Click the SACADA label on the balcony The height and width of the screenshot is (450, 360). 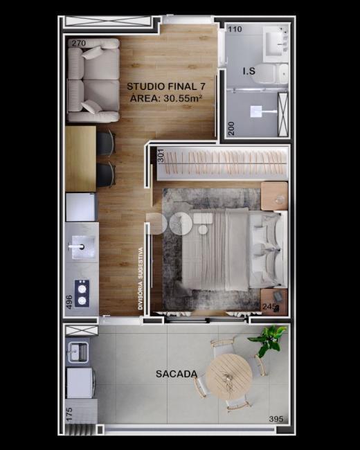point(177,374)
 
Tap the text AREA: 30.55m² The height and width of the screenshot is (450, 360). point(166,98)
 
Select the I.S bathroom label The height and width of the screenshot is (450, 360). point(249,71)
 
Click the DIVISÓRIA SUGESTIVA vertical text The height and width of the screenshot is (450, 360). point(141,278)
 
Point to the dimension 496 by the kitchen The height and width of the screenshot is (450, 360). point(69,302)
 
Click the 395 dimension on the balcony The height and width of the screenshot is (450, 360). point(276,419)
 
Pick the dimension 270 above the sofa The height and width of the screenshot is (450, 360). point(79,43)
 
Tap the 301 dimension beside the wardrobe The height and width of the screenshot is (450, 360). point(161,156)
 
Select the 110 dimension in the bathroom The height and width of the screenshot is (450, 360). point(235,29)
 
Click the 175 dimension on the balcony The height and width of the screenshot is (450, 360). point(69,415)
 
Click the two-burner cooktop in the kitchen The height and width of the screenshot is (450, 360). point(82,294)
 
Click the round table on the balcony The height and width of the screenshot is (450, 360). point(229,377)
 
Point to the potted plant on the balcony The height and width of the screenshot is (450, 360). point(267,341)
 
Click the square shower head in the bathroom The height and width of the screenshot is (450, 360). point(255,111)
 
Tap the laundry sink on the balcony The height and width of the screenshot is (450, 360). point(78,352)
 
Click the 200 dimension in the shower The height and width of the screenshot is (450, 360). point(231,129)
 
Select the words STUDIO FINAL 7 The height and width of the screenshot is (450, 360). point(166,86)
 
